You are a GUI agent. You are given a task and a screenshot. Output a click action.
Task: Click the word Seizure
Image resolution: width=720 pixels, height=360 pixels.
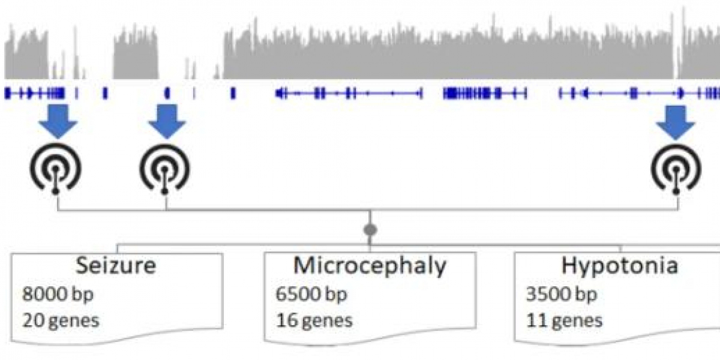coord(115,265)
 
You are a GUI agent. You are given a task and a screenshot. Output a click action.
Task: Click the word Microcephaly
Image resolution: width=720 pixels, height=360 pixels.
coord(370,265)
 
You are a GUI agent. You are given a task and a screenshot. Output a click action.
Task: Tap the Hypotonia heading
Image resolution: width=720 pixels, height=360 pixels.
coord(620,265)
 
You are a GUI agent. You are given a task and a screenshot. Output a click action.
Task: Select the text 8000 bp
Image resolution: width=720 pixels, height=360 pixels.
coord(58,295)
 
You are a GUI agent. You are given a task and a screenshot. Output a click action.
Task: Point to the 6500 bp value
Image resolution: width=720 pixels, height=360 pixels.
coord(311,295)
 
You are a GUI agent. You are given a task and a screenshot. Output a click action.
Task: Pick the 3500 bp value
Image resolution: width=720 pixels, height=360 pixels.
coord(562,295)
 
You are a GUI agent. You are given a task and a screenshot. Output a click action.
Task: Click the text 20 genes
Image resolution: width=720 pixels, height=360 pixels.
coord(61,320)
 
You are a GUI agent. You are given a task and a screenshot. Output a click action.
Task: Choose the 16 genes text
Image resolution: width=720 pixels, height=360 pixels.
coord(314,320)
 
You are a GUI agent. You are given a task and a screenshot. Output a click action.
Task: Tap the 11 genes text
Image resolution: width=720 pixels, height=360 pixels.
coord(564,320)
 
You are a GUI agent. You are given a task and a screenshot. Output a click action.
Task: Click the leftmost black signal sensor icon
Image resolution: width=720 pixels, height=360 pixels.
coord(56,171)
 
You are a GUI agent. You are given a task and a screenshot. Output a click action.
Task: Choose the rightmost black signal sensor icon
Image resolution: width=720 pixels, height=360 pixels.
coord(676,171)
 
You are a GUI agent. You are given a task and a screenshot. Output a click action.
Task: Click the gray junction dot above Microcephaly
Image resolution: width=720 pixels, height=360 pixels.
coord(370,229)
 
